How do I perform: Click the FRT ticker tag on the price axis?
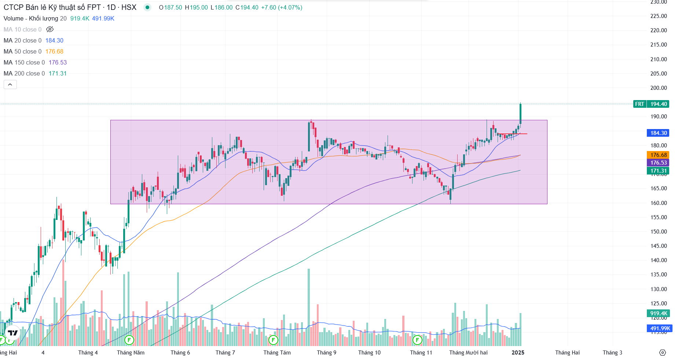(x=639, y=104)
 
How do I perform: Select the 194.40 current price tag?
(x=659, y=104)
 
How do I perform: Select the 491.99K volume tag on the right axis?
(x=660, y=328)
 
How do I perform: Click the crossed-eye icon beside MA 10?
(x=50, y=29)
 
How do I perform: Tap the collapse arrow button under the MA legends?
(x=10, y=85)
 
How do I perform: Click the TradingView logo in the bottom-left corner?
(x=13, y=333)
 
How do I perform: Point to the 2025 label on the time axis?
(x=518, y=353)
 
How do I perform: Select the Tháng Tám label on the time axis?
(x=277, y=353)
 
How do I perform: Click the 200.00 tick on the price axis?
(x=659, y=88)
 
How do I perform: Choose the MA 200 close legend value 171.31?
(x=58, y=73)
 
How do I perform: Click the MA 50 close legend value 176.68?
(x=54, y=51)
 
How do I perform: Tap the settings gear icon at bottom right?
(x=663, y=353)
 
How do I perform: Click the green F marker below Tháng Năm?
(x=129, y=340)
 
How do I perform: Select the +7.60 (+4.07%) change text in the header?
(x=282, y=7)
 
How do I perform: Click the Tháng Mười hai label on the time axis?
(x=468, y=353)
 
